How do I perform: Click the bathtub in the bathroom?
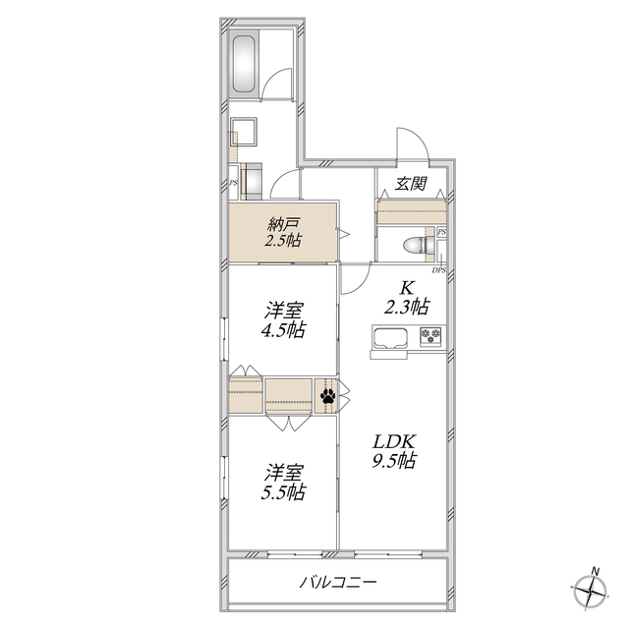[x=244, y=64]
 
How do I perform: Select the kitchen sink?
[x=390, y=338]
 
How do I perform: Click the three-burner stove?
[x=431, y=336]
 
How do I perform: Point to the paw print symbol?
[x=328, y=396]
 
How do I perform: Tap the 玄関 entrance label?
[x=411, y=184]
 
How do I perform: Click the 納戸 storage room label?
[x=284, y=225]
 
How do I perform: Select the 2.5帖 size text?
[x=283, y=241]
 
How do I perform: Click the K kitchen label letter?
[x=407, y=288]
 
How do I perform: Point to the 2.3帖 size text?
[x=407, y=308]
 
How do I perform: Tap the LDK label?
[x=394, y=441]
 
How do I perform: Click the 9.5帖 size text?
[x=393, y=461]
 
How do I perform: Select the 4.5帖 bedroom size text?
[x=283, y=330]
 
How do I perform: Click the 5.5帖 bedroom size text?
[x=283, y=492]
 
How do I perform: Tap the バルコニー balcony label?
[x=338, y=582]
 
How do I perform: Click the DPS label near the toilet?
[x=439, y=270]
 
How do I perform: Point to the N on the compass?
[x=597, y=571]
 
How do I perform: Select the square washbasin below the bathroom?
[x=244, y=131]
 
